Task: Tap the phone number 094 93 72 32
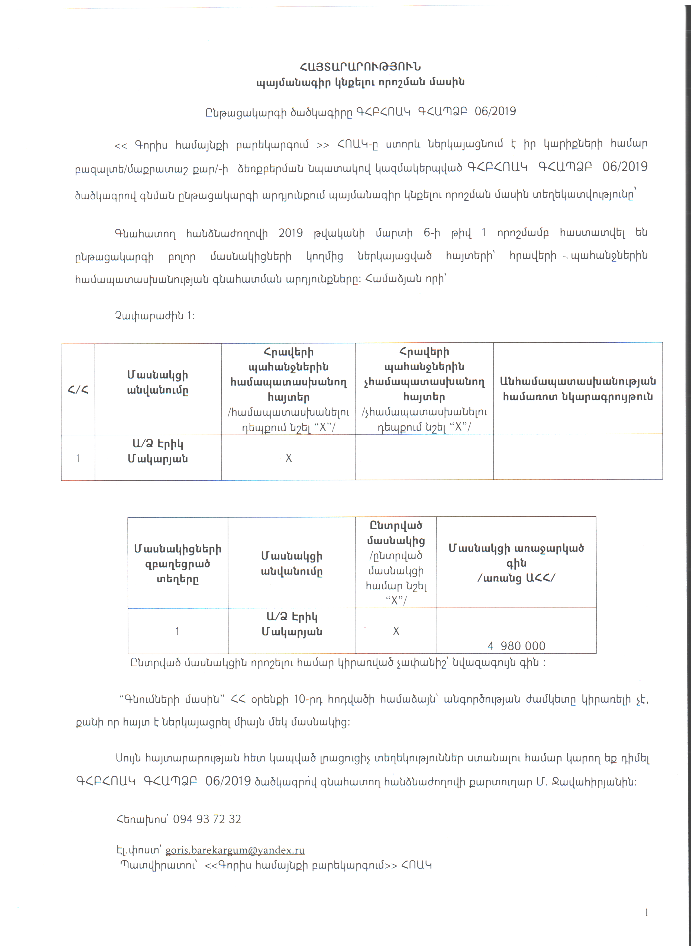tap(207, 819)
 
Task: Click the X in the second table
tap(396, 631)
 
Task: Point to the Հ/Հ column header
tap(78, 390)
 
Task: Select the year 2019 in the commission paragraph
tap(290, 233)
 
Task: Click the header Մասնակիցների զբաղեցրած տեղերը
tap(178, 564)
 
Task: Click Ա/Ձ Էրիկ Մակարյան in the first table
tap(157, 451)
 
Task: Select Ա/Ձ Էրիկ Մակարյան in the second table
tap(292, 624)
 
